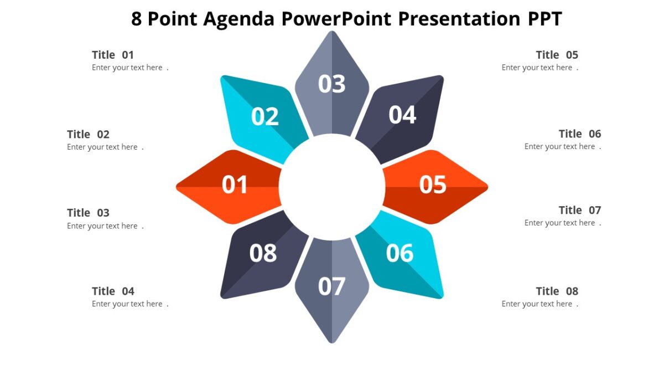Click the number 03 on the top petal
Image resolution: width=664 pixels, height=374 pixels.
tap(332, 84)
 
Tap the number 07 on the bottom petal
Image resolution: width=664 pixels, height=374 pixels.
tap(332, 286)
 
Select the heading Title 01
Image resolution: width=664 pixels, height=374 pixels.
tap(113, 55)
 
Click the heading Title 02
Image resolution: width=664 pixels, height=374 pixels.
tap(89, 134)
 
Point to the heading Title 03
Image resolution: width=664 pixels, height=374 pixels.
tap(89, 213)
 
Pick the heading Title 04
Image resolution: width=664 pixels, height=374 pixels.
tap(113, 291)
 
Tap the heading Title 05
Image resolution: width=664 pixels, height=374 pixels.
tap(557, 55)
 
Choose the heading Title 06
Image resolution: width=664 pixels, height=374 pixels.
tap(579, 134)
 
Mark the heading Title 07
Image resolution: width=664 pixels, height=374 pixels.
tap(579, 210)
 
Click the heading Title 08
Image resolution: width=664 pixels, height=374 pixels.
tap(557, 291)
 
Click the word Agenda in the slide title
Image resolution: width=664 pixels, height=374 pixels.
tap(238, 19)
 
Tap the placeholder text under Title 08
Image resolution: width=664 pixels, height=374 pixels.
tap(537, 304)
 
